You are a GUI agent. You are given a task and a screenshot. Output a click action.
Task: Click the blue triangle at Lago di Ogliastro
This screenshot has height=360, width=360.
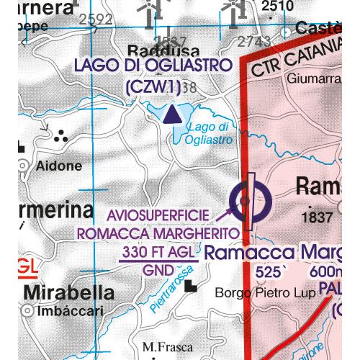click(171, 114)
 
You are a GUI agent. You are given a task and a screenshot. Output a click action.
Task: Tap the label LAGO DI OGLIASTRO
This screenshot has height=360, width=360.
click(152, 66)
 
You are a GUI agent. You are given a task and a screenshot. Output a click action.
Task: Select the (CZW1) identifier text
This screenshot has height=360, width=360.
click(152, 86)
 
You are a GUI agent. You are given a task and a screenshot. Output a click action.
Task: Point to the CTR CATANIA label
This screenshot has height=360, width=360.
click(296, 57)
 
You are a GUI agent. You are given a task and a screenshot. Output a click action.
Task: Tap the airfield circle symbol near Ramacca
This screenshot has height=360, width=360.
click(248, 201)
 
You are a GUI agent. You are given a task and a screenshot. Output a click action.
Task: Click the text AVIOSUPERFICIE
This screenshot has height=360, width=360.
click(158, 216)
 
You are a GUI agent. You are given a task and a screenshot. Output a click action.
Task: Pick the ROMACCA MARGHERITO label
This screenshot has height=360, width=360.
click(157, 233)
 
